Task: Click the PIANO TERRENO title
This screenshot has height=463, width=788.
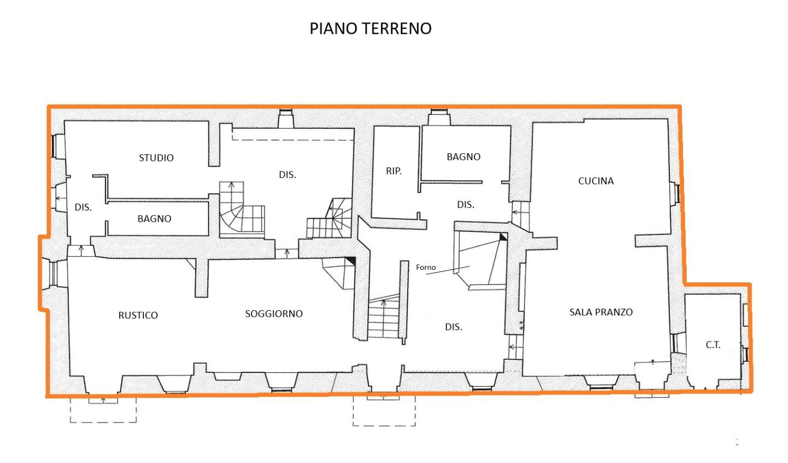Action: coord(370,28)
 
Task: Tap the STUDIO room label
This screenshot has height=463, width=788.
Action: coord(156,158)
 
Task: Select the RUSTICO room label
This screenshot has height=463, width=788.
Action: coord(138,315)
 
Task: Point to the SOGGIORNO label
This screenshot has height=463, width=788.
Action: coord(274,314)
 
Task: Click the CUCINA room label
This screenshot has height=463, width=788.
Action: coord(596,181)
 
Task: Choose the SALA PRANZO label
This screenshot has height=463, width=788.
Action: coord(601,312)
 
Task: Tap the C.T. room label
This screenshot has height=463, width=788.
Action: coord(713,345)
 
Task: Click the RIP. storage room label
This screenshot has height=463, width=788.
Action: coord(393,171)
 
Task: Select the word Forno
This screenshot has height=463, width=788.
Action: coord(426,268)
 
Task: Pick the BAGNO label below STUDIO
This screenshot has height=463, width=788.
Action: coord(154,219)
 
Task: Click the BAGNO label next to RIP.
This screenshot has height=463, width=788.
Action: coord(463,157)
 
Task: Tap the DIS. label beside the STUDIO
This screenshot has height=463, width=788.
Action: coord(287,175)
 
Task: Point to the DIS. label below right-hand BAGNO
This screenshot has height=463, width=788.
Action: coord(465,205)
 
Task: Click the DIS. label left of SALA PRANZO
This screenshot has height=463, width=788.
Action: coord(454,327)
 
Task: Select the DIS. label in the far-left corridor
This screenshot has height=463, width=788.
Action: coord(83,207)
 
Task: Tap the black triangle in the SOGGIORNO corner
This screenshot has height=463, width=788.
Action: coord(351,261)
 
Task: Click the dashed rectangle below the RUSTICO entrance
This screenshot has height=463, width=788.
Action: coord(103,410)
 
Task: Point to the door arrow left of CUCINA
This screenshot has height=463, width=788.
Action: coord(517,212)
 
